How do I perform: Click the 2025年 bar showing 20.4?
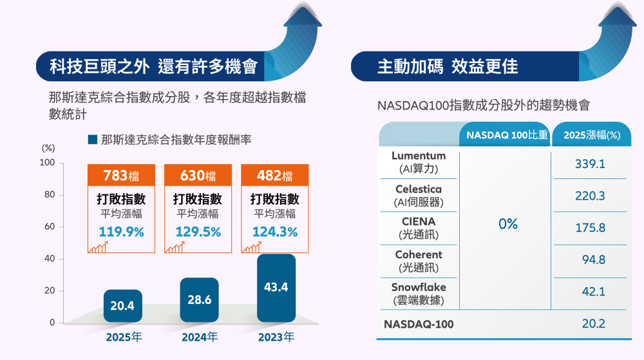[122, 306]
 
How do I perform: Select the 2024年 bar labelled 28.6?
[199, 300]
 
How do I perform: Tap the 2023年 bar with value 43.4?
[276, 288]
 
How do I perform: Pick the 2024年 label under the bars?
[199, 337]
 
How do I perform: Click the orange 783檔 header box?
[122, 176]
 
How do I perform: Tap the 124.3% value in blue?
[276, 232]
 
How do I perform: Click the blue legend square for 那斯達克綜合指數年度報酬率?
[92, 139]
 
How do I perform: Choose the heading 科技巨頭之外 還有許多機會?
[153, 66]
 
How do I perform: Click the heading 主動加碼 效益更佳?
[447, 66]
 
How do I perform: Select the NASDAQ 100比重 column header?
[506, 135]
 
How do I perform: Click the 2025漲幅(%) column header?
[591, 135]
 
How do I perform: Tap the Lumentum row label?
[418, 162]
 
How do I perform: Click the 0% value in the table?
[507, 224]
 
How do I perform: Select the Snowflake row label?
[418, 294]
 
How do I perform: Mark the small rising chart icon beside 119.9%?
[98, 247]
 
